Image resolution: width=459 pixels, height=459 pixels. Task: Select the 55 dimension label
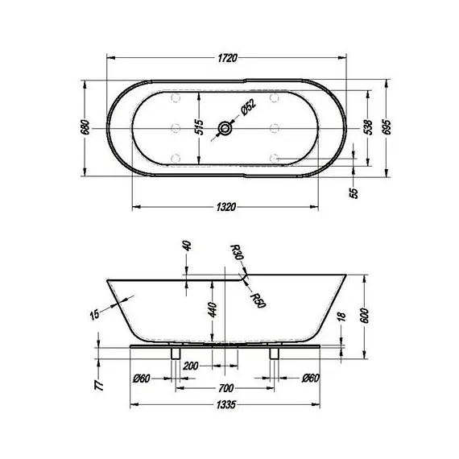pyautogui.click(x=353, y=193)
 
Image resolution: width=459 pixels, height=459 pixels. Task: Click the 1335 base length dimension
pyautogui.click(x=225, y=407)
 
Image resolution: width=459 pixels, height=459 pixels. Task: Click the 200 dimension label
pyautogui.click(x=192, y=366)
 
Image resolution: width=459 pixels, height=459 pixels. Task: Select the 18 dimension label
pyautogui.click(x=341, y=318)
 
